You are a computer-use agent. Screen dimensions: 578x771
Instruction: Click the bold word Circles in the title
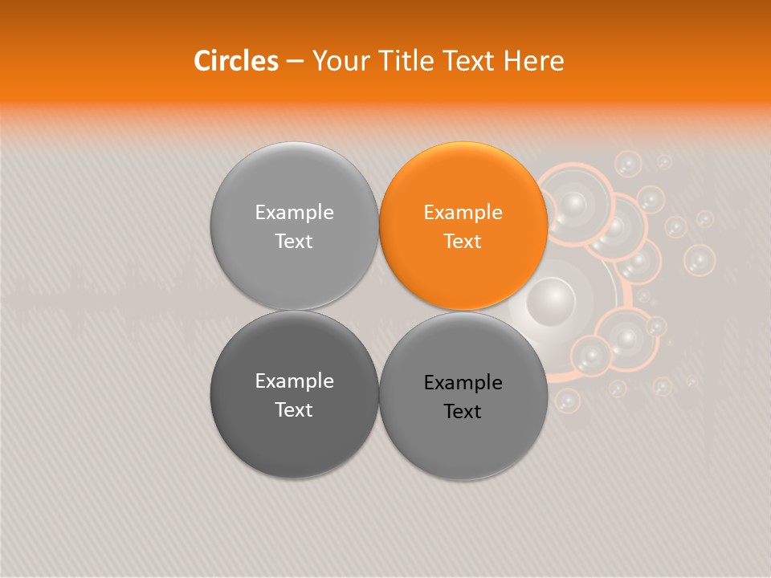coord(236,61)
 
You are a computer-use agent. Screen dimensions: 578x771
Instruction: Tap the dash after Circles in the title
coord(295,62)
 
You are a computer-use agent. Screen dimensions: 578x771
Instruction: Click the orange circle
coord(463,226)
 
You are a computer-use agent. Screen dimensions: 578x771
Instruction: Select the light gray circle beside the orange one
coord(294,226)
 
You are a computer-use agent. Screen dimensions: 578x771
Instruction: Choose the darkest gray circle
coord(294,394)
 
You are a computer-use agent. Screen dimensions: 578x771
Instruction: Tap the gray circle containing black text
coord(463,396)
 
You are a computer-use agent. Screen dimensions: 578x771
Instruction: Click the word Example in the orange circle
coord(463,213)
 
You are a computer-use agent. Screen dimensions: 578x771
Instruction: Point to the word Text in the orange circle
coord(463,241)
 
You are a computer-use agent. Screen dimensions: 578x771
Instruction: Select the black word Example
coord(463,383)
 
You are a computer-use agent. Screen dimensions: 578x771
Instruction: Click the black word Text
coord(463,412)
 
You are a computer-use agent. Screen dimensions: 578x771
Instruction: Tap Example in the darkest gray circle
coord(294,381)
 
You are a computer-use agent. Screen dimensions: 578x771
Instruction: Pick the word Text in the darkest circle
coord(294,409)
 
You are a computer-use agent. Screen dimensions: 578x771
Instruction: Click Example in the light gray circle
coord(294,213)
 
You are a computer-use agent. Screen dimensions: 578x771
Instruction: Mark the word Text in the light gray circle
coord(294,241)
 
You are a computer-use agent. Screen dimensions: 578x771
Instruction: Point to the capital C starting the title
coord(202,61)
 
